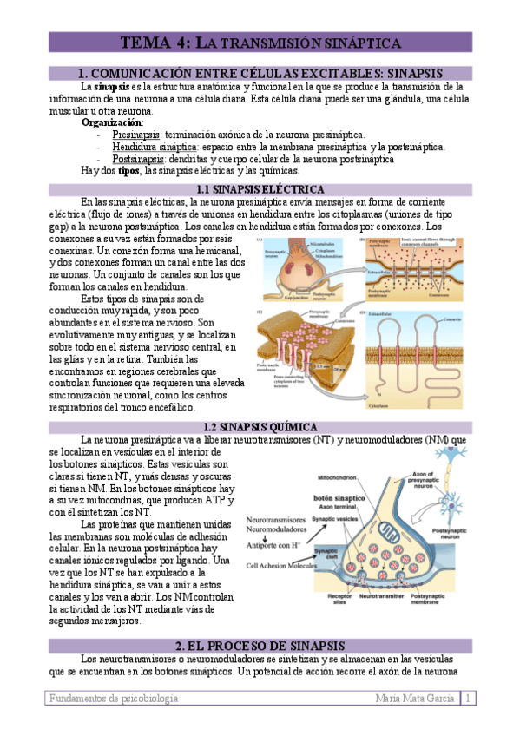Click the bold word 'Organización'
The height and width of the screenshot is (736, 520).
tap(112, 122)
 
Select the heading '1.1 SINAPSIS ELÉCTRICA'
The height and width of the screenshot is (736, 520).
tap(260, 189)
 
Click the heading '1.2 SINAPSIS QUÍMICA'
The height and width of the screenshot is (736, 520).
tap(260, 427)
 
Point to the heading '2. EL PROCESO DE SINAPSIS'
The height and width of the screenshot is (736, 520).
tap(260, 646)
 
